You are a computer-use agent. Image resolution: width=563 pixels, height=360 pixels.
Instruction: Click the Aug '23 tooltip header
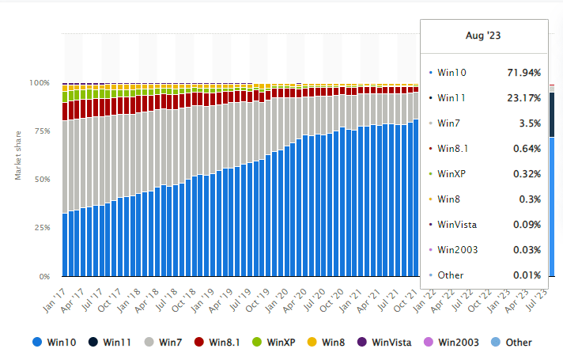pyautogui.click(x=484, y=36)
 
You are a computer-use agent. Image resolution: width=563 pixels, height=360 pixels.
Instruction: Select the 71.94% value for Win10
pyautogui.click(x=523, y=73)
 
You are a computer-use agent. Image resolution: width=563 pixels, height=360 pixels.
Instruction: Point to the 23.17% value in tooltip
pyautogui.click(x=523, y=98)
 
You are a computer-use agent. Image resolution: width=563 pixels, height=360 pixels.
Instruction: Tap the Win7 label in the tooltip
pyautogui.click(x=448, y=123)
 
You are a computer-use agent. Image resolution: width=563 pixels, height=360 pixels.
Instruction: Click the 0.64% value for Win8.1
pyautogui.click(x=525, y=149)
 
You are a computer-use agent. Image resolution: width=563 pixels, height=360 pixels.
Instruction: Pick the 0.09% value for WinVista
pyautogui.click(x=525, y=225)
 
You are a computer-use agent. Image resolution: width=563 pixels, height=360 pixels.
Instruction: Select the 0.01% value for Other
pyautogui.click(x=525, y=275)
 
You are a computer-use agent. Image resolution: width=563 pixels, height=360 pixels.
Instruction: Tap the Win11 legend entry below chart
pyautogui.click(x=110, y=343)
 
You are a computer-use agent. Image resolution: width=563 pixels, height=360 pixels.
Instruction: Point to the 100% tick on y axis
pyautogui.click(x=40, y=82)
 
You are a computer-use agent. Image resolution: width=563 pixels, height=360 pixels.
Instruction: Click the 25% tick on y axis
pyautogui.click(x=41, y=228)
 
